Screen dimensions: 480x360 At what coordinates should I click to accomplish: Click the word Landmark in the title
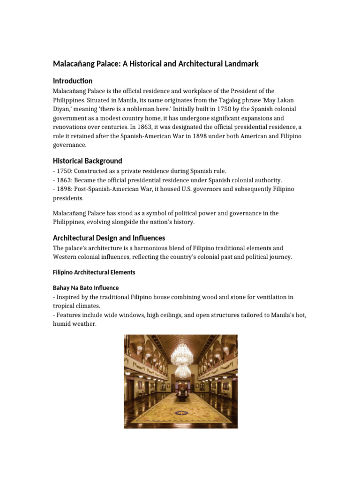click(x=240, y=63)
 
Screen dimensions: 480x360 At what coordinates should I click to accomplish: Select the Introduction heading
click(x=73, y=81)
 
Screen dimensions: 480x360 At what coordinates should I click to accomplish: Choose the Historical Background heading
click(x=88, y=161)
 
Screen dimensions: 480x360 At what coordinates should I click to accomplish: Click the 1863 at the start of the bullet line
click(x=65, y=180)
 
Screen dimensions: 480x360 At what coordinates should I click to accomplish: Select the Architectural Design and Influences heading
click(x=109, y=238)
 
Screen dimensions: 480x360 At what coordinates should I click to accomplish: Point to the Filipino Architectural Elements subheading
click(x=94, y=272)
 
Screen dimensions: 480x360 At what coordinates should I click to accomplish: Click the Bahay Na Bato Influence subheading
click(x=86, y=288)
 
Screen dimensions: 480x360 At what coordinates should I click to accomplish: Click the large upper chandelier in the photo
click(x=182, y=352)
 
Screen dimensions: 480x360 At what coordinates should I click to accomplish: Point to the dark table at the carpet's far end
click(x=181, y=397)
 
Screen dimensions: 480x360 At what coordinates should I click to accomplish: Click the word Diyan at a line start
click(x=61, y=109)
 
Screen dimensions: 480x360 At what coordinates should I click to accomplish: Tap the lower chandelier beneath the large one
click(x=182, y=372)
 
